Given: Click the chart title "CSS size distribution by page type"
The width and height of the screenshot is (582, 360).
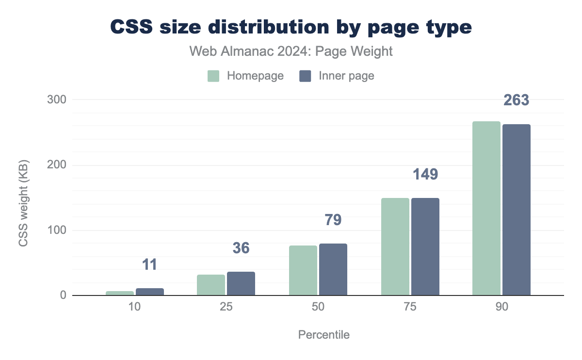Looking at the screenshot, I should pos(291,27).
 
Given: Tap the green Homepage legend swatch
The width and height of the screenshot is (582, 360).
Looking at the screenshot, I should pos(214,76).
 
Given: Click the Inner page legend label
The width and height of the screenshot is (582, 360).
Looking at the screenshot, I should pos(346,76).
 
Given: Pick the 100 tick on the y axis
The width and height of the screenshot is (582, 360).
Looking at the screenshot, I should pos(55,230).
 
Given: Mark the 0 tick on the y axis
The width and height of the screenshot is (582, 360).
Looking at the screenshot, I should pos(63,295).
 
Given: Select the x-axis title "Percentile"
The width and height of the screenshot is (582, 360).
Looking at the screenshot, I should pos(323,335).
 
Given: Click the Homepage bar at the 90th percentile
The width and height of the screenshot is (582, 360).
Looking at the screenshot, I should pos(486,208).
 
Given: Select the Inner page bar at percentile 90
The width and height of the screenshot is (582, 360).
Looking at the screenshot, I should pos(517,210).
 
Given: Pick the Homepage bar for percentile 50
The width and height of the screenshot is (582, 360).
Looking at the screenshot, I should pos(303,270).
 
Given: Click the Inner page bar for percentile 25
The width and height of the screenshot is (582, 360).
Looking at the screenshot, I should pos(241,283).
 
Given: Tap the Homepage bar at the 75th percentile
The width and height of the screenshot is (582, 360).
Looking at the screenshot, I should pos(395,246).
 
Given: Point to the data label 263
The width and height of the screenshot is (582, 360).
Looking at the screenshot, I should pos(516,100).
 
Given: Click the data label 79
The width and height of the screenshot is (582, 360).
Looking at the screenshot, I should pos(333,220).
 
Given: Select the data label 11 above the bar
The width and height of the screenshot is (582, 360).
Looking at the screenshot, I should pos(149,264).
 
